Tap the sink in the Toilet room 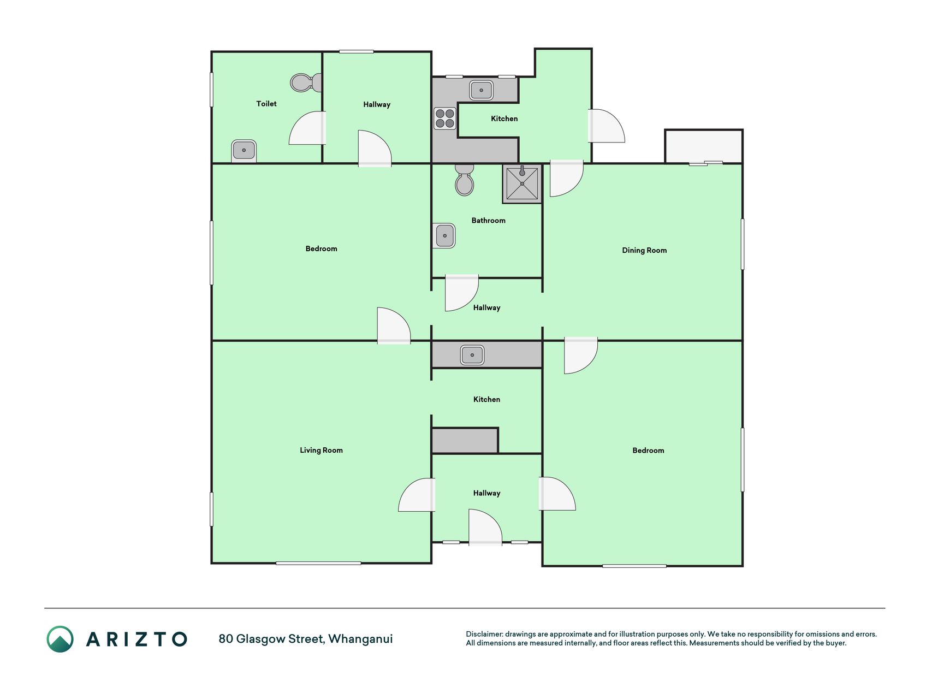(x=244, y=150)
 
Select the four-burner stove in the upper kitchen (x=445, y=119)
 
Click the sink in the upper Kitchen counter (x=482, y=90)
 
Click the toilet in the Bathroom (x=465, y=180)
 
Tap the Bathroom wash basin (x=445, y=235)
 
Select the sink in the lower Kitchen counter (x=472, y=355)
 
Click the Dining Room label (x=644, y=250)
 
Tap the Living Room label (x=321, y=450)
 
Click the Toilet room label (x=266, y=104)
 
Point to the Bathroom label (x=489, y=221)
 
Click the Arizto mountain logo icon (x=60, y=639)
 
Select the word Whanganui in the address (x=360, y=639)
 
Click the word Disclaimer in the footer (x=484, y=634)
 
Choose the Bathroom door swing (x=462, y=293)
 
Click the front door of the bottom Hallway (x=485, y=526)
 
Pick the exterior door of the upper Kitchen (x=606, y=126)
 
